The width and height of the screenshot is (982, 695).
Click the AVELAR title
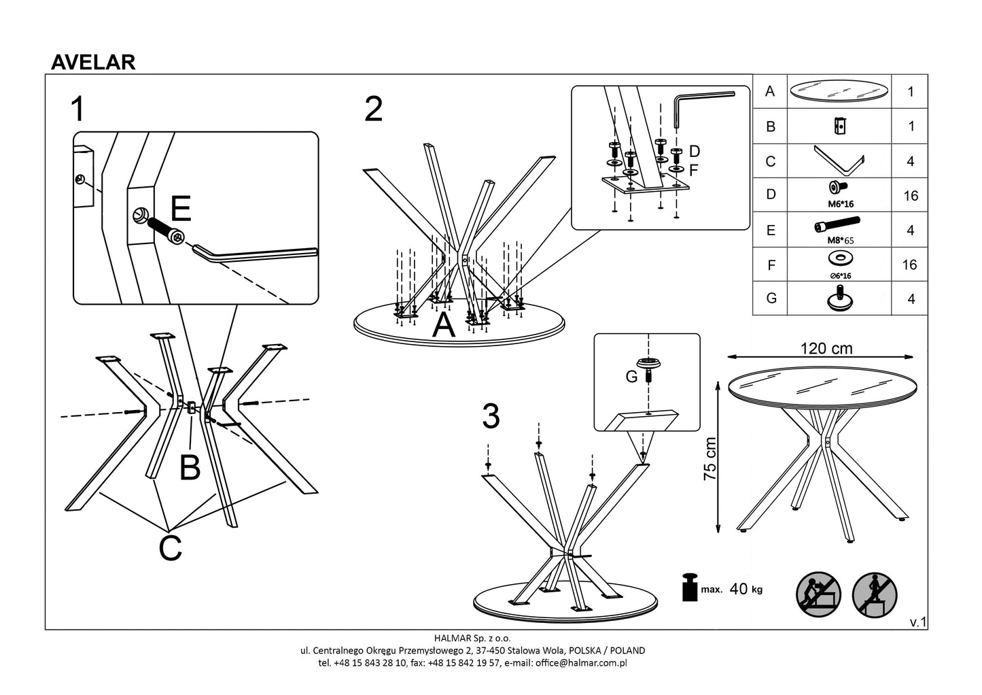click(x=93, y=62)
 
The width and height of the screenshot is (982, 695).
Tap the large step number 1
click(x=79, y=109)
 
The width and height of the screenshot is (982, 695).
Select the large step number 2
click(x=373, y=109)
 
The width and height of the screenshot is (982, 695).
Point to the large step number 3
click(x=491, y=416)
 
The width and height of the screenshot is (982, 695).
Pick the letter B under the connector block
click(x=190, y=468)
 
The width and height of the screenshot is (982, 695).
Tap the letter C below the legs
click(x=170, y=548)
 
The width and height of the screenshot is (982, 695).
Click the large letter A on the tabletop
click(x=444, y=326)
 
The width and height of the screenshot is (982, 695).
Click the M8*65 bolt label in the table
click(x=839, y=239)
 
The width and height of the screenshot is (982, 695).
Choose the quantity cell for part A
click(x=911, y=92)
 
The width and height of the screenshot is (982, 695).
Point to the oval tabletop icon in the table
click(x=839, y=91)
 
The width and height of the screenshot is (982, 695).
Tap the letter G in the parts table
click(x=771, y=299)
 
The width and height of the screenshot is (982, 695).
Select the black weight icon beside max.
click(x=690, y=588)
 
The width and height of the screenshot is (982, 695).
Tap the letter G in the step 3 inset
click(x=632, y=375)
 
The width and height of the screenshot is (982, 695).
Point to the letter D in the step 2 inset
click(x=694, y=151)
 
